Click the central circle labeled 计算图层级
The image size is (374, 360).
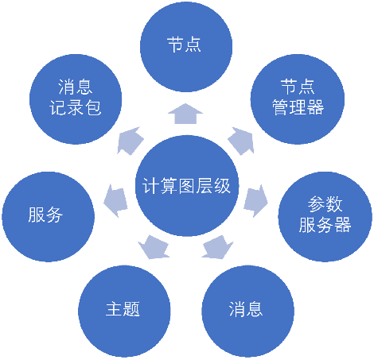187,186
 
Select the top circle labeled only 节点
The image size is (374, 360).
186,46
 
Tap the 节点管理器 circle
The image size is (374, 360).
298,99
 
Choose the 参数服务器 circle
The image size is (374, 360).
325,216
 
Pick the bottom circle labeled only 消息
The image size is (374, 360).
247,311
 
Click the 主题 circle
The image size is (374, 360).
124,311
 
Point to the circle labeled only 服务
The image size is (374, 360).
48,216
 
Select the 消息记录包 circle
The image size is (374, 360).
76,99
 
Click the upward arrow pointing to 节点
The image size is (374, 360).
185,114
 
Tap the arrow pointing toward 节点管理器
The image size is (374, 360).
242,141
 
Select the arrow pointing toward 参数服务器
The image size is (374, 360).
255,201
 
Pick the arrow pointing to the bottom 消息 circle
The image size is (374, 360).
217,247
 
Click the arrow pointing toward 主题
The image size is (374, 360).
154,247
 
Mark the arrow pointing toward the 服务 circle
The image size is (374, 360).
115,201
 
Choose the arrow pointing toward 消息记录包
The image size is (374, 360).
130,141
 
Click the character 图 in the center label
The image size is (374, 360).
187,186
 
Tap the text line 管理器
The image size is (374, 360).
298,107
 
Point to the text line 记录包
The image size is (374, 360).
76,107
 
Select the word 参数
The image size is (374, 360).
325,204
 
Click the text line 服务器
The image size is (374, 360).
325,225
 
